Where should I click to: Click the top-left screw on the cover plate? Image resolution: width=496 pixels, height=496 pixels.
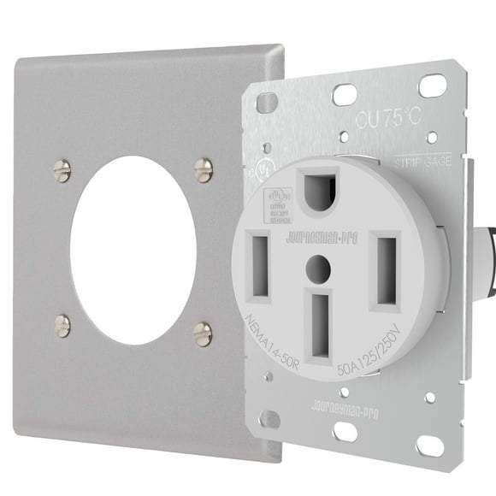[62, 171]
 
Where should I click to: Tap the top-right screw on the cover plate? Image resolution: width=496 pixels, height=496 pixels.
[203, 170]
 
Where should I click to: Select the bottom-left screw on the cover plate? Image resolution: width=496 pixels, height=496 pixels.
[62, 325]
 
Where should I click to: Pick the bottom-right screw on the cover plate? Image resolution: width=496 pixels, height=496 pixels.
[203, 333]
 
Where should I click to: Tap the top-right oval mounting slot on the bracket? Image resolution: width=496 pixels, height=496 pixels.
[433, 85]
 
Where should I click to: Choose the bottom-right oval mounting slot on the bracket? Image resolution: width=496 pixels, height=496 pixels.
[428, 446]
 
